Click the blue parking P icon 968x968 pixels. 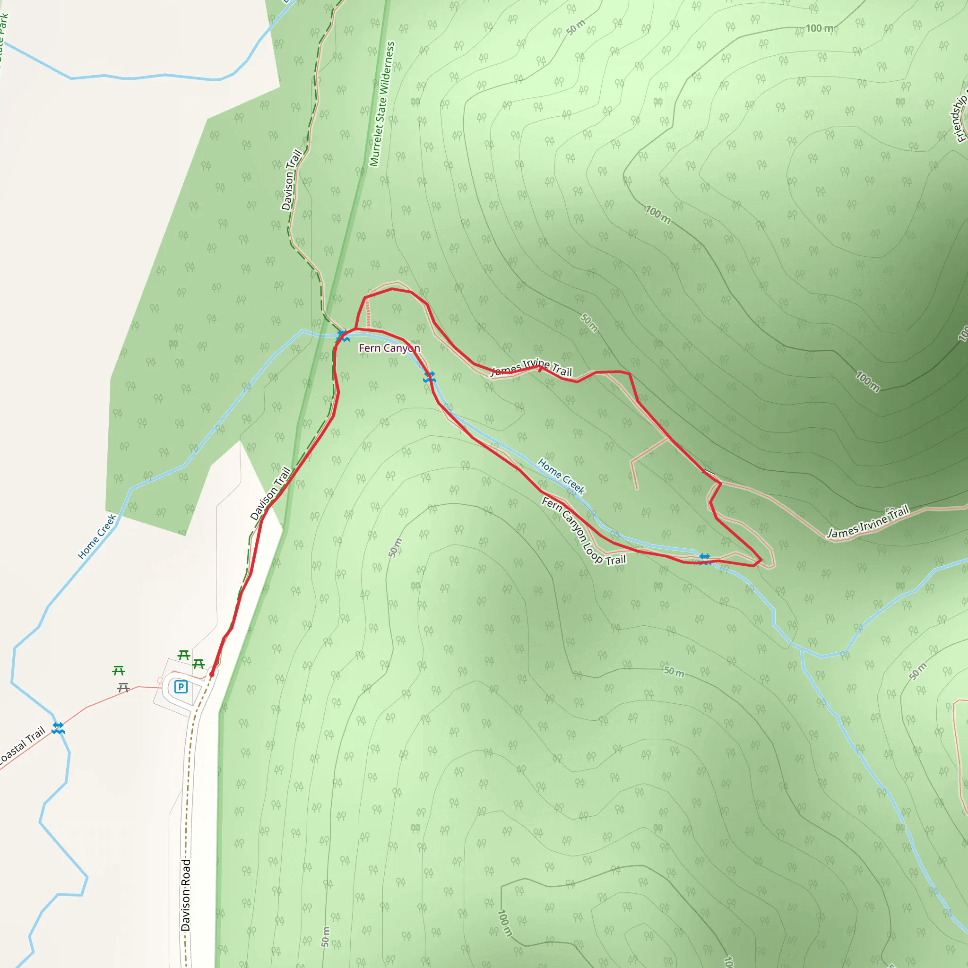tap(181, 686)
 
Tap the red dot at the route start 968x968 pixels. tap(212, 674)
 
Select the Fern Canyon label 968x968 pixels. tap(389, 348)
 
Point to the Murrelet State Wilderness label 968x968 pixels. tap(382, 104)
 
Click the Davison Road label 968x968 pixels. tap(186, 895)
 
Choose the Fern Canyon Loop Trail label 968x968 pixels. tap(584, 531)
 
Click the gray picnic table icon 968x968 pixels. tap(123, 688)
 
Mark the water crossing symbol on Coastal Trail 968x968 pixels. tap(58, 727)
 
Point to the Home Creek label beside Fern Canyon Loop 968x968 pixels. tap(561, 476)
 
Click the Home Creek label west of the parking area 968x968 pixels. tap(97, 536)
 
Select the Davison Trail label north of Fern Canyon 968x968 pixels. tap(291, 180)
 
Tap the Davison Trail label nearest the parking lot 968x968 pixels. tap(270, 493)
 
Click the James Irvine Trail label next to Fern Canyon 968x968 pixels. tap(531, 368)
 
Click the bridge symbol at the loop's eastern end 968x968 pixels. tap(705, 558)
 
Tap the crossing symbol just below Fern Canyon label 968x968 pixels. tap(429, 377)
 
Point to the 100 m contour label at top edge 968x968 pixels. tap(819, 28)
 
